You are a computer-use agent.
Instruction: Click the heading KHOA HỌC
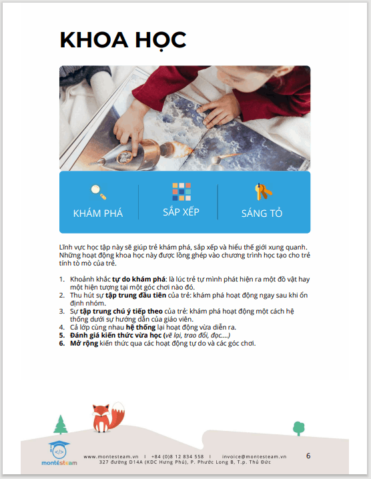(123, 40)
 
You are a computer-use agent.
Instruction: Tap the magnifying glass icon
(98, 192)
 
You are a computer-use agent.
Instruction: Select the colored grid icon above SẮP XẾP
(181, 191)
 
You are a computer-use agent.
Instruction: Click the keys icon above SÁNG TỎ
(263, 192)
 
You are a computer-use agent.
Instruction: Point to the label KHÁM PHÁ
(98, 213)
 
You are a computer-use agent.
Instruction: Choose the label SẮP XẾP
(181, 211)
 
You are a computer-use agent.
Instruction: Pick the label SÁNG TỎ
(262, 213)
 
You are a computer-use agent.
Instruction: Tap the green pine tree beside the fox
(61, 424)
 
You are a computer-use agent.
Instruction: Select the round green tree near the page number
(298, 428)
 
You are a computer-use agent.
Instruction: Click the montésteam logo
(59, 453)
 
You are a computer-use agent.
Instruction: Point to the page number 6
(308, 456)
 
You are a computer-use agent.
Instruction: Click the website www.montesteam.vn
(111, 457)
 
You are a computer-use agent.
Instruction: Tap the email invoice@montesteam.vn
(254, 457)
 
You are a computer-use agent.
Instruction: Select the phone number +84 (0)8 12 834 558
(177, 457)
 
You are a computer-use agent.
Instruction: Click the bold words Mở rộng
(84, 344)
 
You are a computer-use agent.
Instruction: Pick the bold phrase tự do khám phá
(139, 280)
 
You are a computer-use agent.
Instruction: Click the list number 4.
(62, 328)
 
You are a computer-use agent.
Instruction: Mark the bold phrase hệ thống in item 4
(141, 327)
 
